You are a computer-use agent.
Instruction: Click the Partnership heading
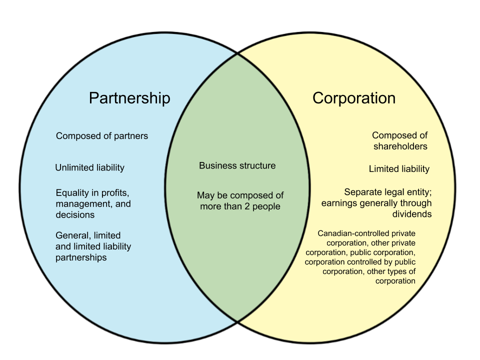point(129,98)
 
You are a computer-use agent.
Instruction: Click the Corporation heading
point(354,98)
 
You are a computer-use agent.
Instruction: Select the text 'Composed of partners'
point(102,136)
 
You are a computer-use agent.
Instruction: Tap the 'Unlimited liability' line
point(89,168)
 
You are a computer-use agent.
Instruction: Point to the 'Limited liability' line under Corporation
point(399,169)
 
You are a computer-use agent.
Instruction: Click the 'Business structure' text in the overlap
point(237,165)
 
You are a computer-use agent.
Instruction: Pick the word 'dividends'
point(411,214)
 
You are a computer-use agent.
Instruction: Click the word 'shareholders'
point(400,146)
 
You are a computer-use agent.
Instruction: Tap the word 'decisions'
point(75,215)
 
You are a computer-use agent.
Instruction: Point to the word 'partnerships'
point(81,258)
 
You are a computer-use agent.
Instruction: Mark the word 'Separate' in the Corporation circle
point(362,192)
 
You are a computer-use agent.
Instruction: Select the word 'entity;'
point(417,192)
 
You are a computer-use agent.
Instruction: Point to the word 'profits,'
point(119,193)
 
